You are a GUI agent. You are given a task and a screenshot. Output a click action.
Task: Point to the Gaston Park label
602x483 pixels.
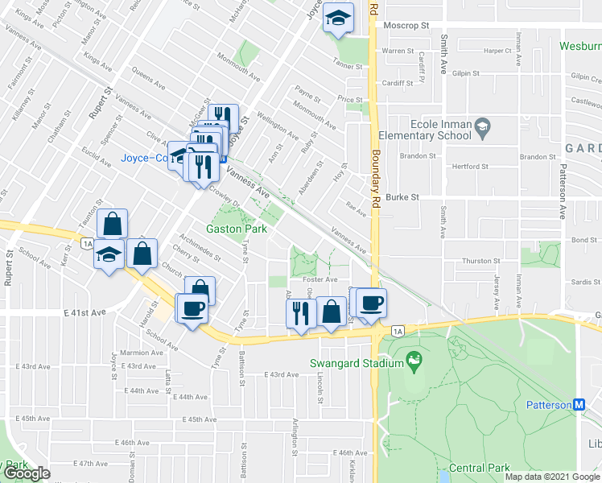[x=237, y=229]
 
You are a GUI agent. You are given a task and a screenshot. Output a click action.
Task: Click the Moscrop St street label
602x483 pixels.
[x=407, y=26]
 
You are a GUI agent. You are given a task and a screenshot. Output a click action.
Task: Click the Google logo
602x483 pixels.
[x=26, y=473]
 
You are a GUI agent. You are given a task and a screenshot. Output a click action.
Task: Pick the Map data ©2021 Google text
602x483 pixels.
[x=552, y=477]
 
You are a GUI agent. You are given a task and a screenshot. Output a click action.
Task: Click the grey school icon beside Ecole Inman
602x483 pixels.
[x=482, y=126]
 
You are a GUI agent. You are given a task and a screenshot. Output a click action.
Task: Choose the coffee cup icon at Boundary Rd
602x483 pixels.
[x=371, y=303]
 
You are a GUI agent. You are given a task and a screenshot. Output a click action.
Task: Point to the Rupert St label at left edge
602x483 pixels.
[x=9, y=266]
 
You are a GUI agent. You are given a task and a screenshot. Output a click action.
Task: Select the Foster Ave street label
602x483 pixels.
[x=320, y=279]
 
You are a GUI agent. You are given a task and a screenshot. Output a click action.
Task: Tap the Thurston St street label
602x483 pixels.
[x=481, y=261]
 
